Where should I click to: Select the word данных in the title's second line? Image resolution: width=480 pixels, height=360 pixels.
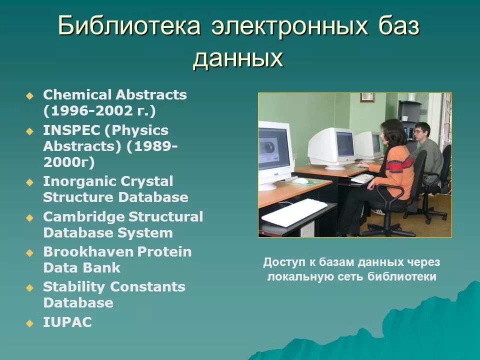pos(238,59)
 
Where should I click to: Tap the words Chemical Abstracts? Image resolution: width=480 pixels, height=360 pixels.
pos(114,95)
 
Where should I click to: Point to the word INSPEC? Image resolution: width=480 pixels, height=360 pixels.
pos(71,130)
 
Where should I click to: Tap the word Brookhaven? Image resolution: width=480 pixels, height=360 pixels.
pos(88,251)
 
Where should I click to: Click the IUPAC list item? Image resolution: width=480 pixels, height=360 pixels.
pos(67,322)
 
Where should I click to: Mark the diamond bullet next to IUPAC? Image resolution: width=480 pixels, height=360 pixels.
pos(29,323)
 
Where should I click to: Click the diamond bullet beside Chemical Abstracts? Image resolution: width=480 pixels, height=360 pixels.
pos(29,95)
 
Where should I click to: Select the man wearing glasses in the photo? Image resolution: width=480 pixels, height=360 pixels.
pos(425,145)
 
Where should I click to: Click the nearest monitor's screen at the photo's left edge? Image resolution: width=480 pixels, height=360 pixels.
pos(274,148)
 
